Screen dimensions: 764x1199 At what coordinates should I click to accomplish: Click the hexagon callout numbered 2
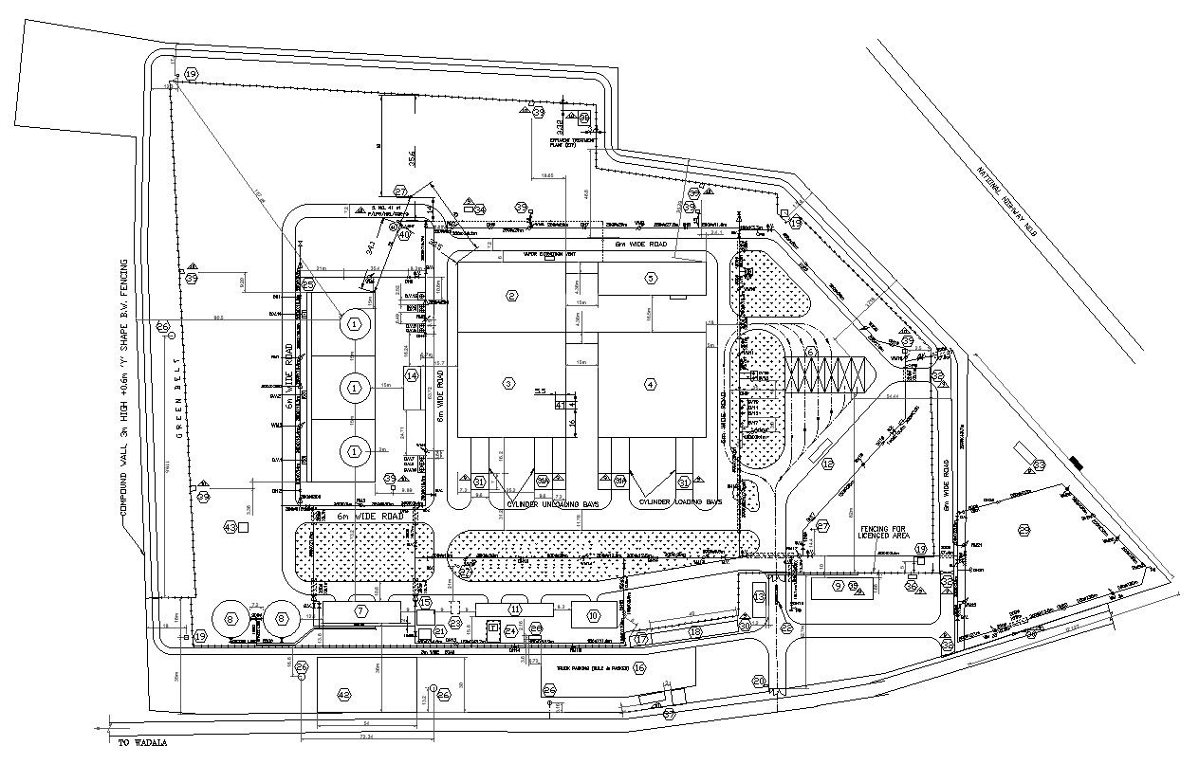[x=512, y=296]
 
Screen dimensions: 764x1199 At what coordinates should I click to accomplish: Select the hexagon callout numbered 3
[x=509, y=383]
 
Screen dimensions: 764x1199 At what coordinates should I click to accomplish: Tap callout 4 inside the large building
[x=650, y=384]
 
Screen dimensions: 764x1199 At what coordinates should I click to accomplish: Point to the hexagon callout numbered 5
[x=651, y=278]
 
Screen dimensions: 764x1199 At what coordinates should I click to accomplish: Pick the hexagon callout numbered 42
[x=344, y=695]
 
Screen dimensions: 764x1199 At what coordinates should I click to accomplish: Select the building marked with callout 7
[x=360, y=612]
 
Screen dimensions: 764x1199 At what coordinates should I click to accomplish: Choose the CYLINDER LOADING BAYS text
[x=680, y=501]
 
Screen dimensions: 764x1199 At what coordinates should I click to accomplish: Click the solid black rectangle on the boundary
[x=1074, y=463]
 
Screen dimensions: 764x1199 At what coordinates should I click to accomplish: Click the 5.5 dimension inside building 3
[x=542, y=391]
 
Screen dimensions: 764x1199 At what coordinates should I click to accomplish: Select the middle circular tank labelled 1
[x=355, y=387]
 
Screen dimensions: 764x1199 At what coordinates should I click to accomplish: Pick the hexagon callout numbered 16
[x=639, y=668]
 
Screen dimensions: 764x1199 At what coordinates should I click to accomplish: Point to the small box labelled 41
[x=560, y=405]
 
